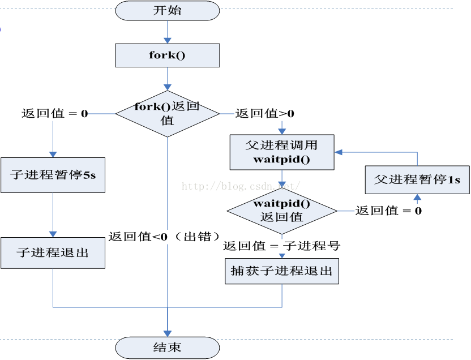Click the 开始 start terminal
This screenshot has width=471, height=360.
coord(167,10)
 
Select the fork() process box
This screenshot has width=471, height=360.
coord(167,55)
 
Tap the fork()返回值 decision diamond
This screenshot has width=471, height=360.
coord(167,113)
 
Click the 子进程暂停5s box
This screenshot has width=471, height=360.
coord(53,175)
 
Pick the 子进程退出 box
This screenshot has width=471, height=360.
coord(53,252)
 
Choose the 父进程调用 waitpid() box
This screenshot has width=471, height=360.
coord(281,152)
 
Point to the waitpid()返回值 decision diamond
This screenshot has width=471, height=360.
coord(281,210)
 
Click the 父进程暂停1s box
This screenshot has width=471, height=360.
coord(417,179)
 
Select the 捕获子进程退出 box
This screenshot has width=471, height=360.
coord(281,271)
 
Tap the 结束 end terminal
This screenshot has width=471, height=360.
coord(167,347)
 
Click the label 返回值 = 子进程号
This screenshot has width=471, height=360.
coord(281,246)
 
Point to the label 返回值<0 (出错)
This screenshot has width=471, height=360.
coord(164,237)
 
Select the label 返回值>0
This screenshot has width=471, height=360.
coord(265,113)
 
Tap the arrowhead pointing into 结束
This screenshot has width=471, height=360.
coord(167,333)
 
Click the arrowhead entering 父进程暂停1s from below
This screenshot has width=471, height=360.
coord(417,198)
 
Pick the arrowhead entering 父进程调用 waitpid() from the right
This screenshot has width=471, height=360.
coord(338,152)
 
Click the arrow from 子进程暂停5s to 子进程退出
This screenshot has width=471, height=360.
coord(53,215)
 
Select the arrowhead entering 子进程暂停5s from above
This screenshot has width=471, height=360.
coord(53,153)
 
